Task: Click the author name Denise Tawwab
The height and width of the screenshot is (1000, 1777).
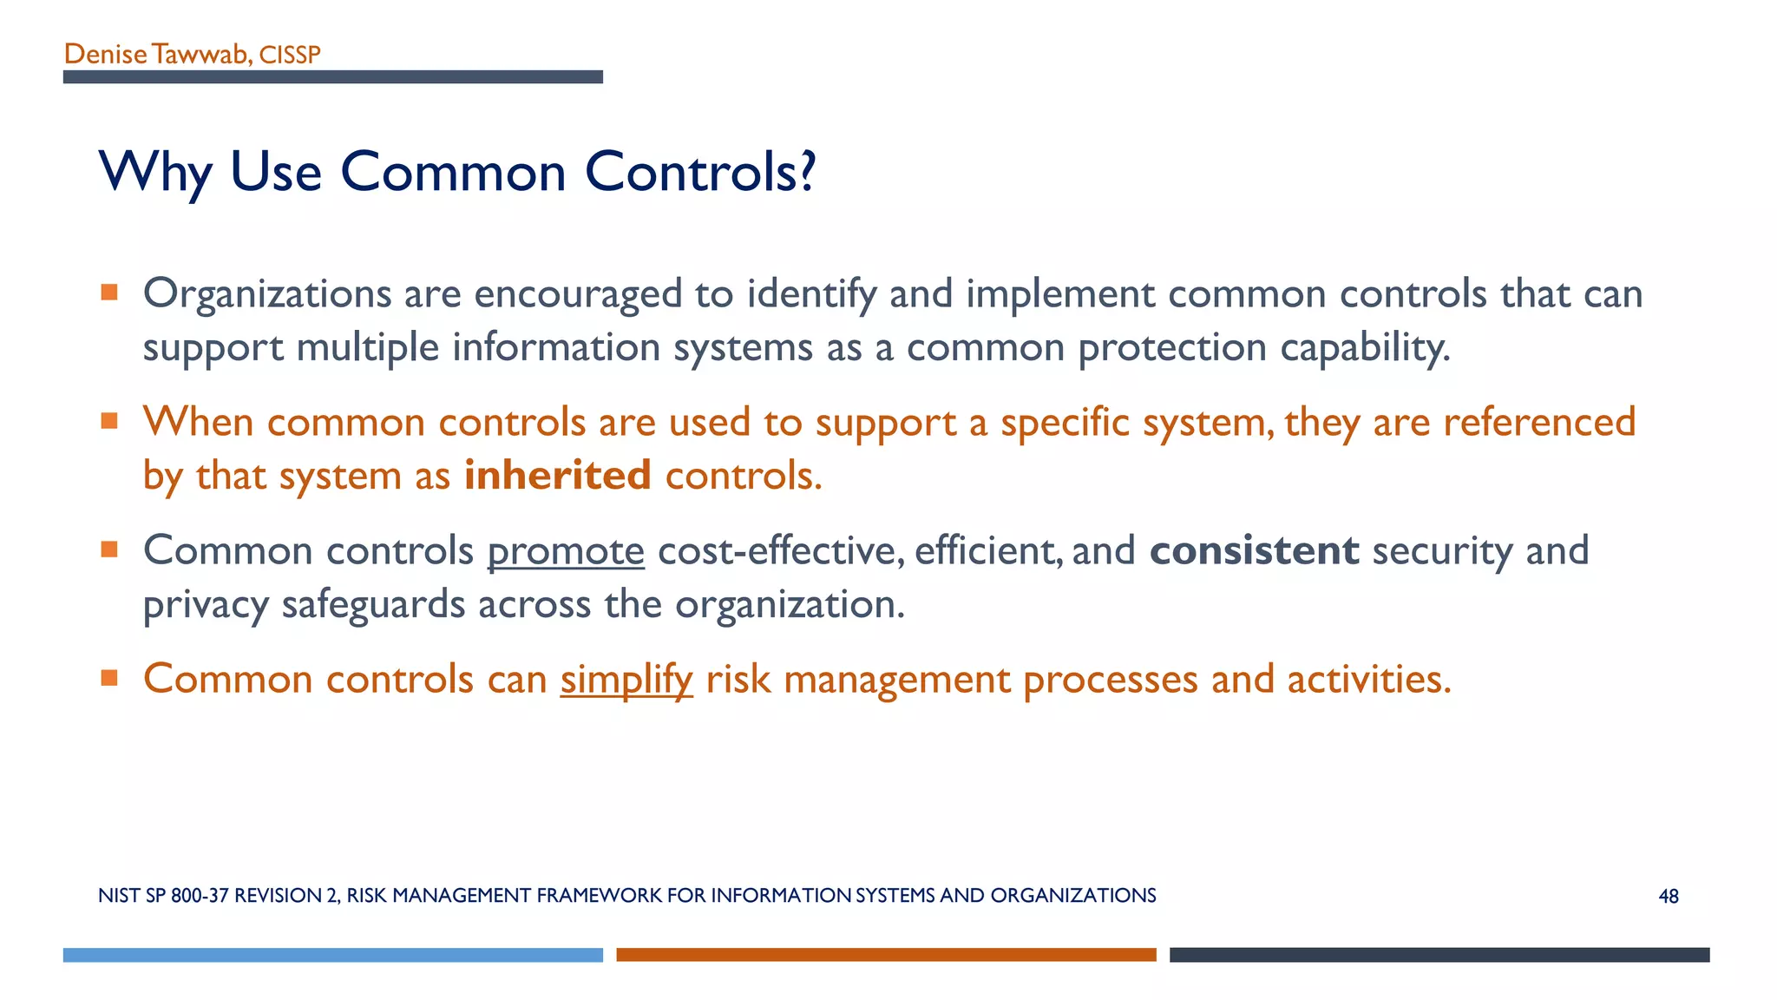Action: (156, 54)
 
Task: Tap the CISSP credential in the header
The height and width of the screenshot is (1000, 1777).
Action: (290, 55)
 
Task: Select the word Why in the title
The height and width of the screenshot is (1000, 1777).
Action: (155, 172)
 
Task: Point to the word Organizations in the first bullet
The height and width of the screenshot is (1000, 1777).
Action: (267, 293)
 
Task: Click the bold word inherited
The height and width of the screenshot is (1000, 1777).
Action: (557, 476)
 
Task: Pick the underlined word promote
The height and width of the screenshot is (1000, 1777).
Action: (566, 551)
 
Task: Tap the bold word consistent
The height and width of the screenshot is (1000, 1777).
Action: (1254, 550)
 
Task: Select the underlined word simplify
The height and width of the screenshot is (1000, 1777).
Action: (626, 679)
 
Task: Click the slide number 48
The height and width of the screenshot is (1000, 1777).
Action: (1668, 897)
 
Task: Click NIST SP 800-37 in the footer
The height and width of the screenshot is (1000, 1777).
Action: (163, 896)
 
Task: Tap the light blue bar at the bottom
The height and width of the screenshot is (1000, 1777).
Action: (332, 955)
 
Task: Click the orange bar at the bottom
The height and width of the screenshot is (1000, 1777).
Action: (886, 955)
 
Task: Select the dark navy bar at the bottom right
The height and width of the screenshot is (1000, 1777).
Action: (1439, 955)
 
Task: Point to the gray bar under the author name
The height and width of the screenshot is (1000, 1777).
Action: (332, 77)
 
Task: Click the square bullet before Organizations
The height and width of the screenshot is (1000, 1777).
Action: (109, 293)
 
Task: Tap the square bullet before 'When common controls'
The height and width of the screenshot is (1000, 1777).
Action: (109, 421)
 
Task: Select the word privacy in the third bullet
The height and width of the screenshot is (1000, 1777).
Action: (206, 604)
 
